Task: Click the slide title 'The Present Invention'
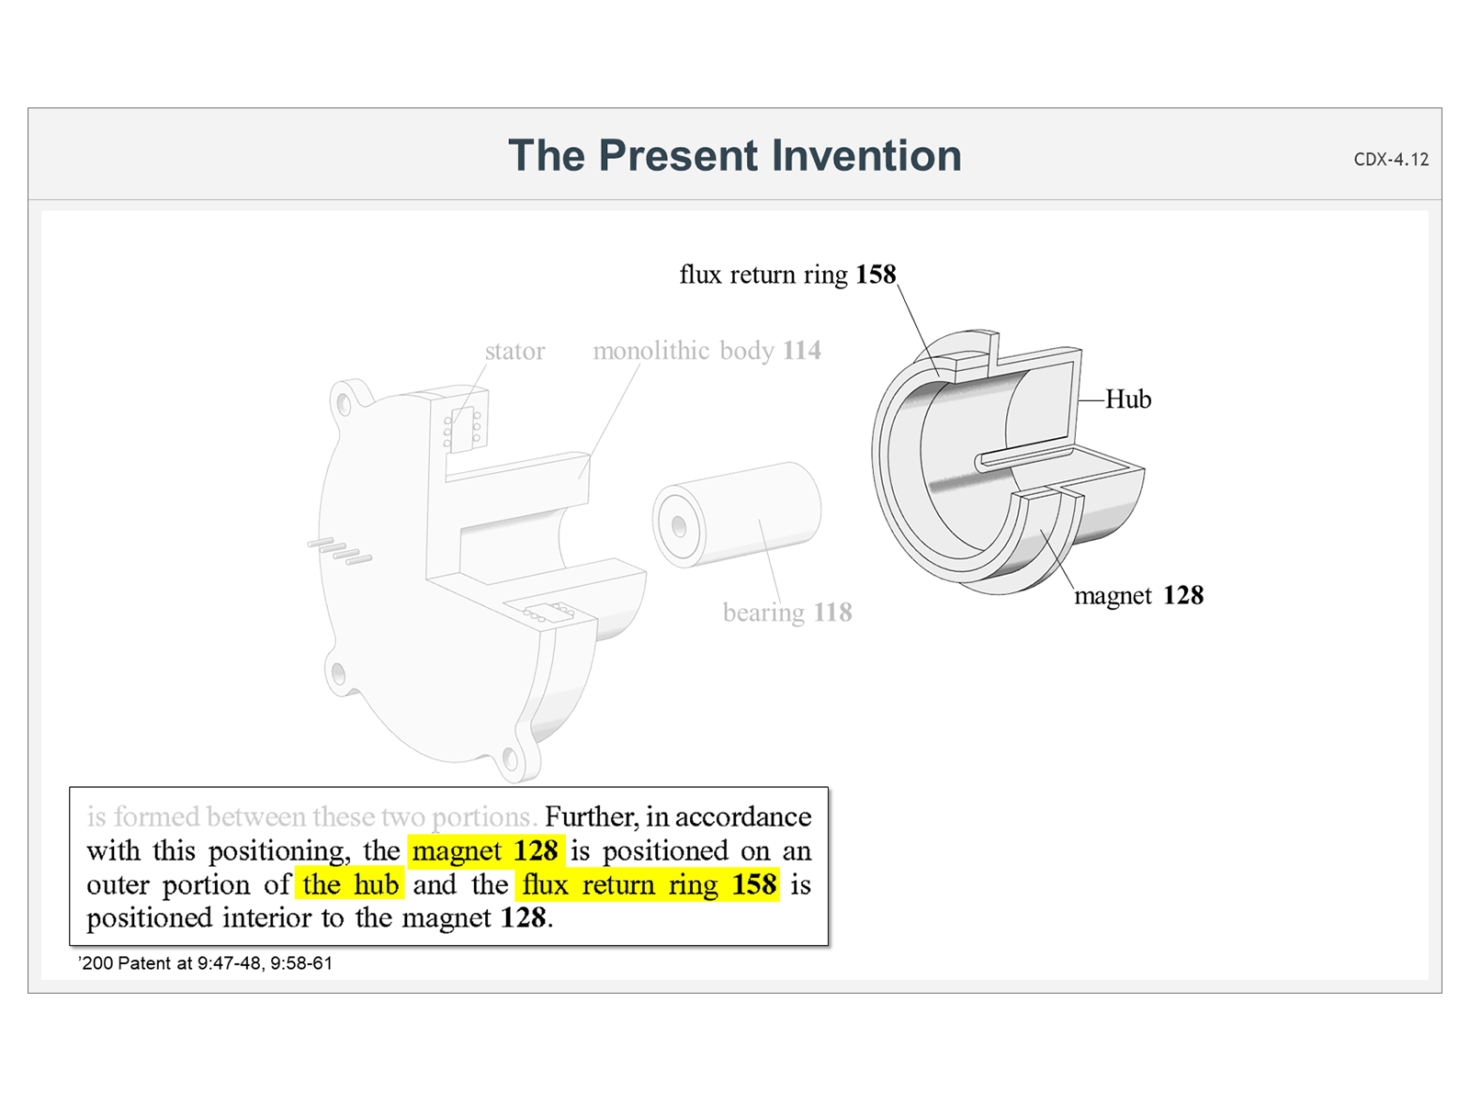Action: (734, 155)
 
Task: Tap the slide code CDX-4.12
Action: (1391, 159)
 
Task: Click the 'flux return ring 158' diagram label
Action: (786, 275)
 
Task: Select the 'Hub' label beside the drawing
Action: (1127, 399)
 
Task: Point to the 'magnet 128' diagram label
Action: (1138, 596)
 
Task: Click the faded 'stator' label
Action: (514, 351)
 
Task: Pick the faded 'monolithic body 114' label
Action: (707, 351)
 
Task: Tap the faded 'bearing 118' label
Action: (787, 613)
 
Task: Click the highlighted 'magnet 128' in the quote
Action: (485, 851)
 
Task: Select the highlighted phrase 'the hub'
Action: (350, 885)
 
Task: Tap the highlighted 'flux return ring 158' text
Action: (650, 885)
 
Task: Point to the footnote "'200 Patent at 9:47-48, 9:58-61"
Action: (205, 963)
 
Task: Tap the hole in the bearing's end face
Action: (679, 526)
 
